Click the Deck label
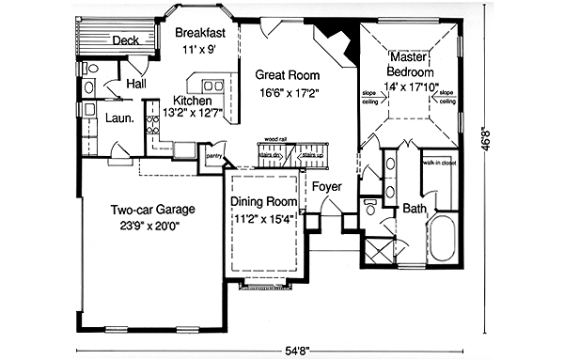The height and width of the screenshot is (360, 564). [127, 41]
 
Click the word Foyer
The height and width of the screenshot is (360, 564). [326, 186]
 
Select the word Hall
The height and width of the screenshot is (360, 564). [135, 85]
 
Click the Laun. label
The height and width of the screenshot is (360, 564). [117, 119]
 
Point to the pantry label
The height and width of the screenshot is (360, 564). [213, 158]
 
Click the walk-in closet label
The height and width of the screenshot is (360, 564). [439, 164]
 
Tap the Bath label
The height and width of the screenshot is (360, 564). [415, 208]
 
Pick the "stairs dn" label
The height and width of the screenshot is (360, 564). [272, 154]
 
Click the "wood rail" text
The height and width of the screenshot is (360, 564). [276, 140]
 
